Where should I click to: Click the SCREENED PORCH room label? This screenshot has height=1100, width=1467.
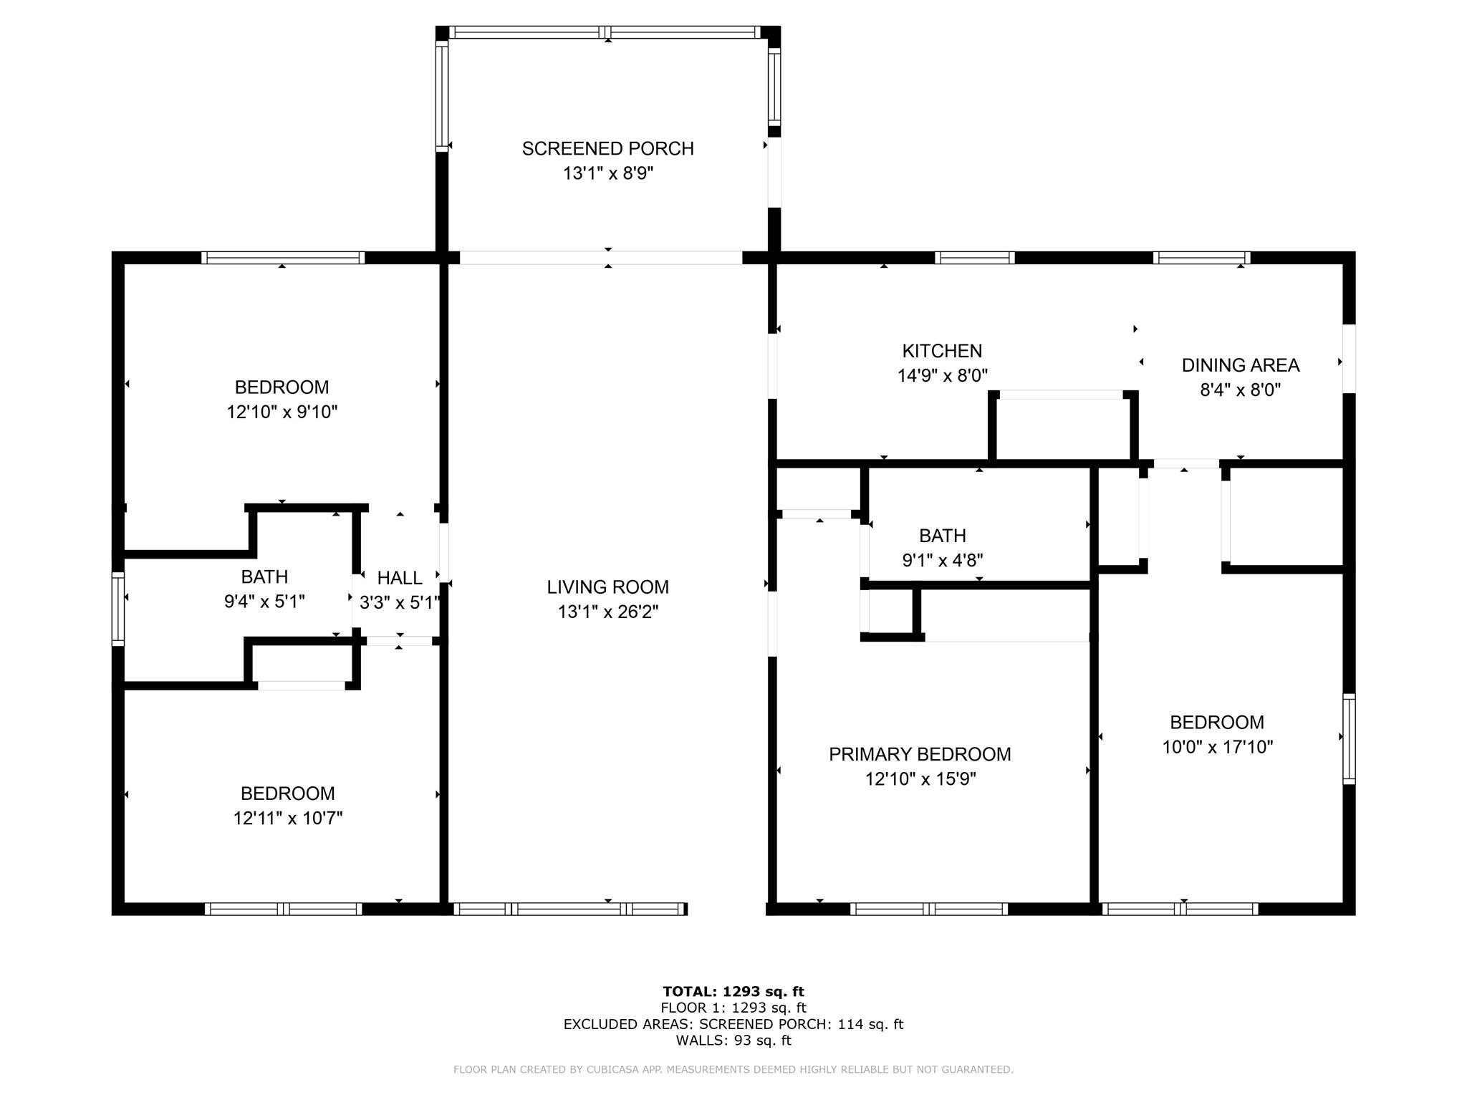click(x=607, y=148)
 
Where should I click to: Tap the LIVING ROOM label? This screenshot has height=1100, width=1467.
click(x=607, y=587)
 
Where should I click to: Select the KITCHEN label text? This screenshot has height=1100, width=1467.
click(x=942, y=351)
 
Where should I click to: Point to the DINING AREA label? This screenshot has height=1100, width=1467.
click(x=1240, y=365)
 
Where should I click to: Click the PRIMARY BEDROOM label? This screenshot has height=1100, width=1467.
click(x=920, y=754)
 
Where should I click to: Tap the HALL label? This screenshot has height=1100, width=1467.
click(x=400, y=578)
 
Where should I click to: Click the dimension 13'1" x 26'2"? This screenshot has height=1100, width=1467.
click(x=607, y=612)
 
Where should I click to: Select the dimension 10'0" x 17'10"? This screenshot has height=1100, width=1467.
click(x=1217, y=747)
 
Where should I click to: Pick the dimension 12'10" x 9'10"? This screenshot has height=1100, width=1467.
click(x=282, y=412)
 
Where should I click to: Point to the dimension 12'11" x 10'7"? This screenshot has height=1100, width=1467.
click(x=287, y=818)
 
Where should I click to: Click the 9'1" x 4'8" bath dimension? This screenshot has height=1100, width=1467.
click(x=942, y=560)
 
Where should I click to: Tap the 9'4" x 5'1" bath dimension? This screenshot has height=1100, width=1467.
click(x=264, y=602)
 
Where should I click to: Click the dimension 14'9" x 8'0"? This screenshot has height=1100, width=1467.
click(x=942, y=376)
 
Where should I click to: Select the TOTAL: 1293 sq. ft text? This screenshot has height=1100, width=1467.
click(x=733, y=992)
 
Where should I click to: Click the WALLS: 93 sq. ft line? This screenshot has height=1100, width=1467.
click(x=733, y=1041)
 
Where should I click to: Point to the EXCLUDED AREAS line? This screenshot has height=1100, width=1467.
click(x=733, y=1024)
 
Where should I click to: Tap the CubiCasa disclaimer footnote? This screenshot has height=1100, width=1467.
click(x=733, y=1070)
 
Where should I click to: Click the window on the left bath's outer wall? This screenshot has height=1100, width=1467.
click(x=118, y=609)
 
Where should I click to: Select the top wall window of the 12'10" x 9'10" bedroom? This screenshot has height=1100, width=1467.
click(x=283, y=258)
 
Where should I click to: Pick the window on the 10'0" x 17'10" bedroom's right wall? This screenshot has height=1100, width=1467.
click(x=1349, y=738)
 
